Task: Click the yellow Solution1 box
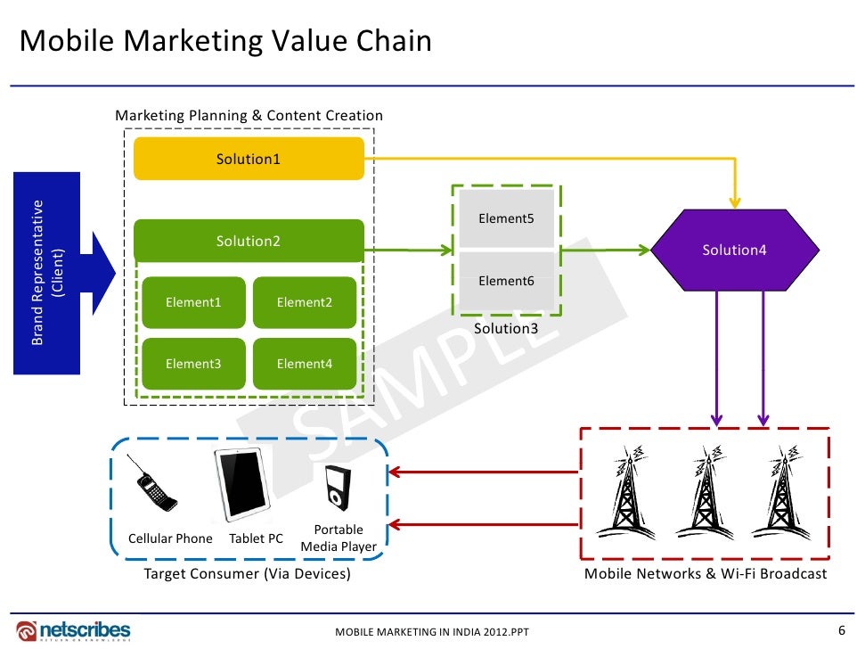click(249, 159)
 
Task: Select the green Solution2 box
click(249, 241)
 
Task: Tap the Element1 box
click(193, 302)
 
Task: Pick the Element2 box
click(305, 302)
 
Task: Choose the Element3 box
click(193, 364)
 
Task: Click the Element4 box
click(305, 364)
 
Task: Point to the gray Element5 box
click(506, 218)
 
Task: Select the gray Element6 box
click(506, 281)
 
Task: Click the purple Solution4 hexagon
click(734, 251)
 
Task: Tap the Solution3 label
click(506, 328)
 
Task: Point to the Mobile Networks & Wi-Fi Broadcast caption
click(705, 574)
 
